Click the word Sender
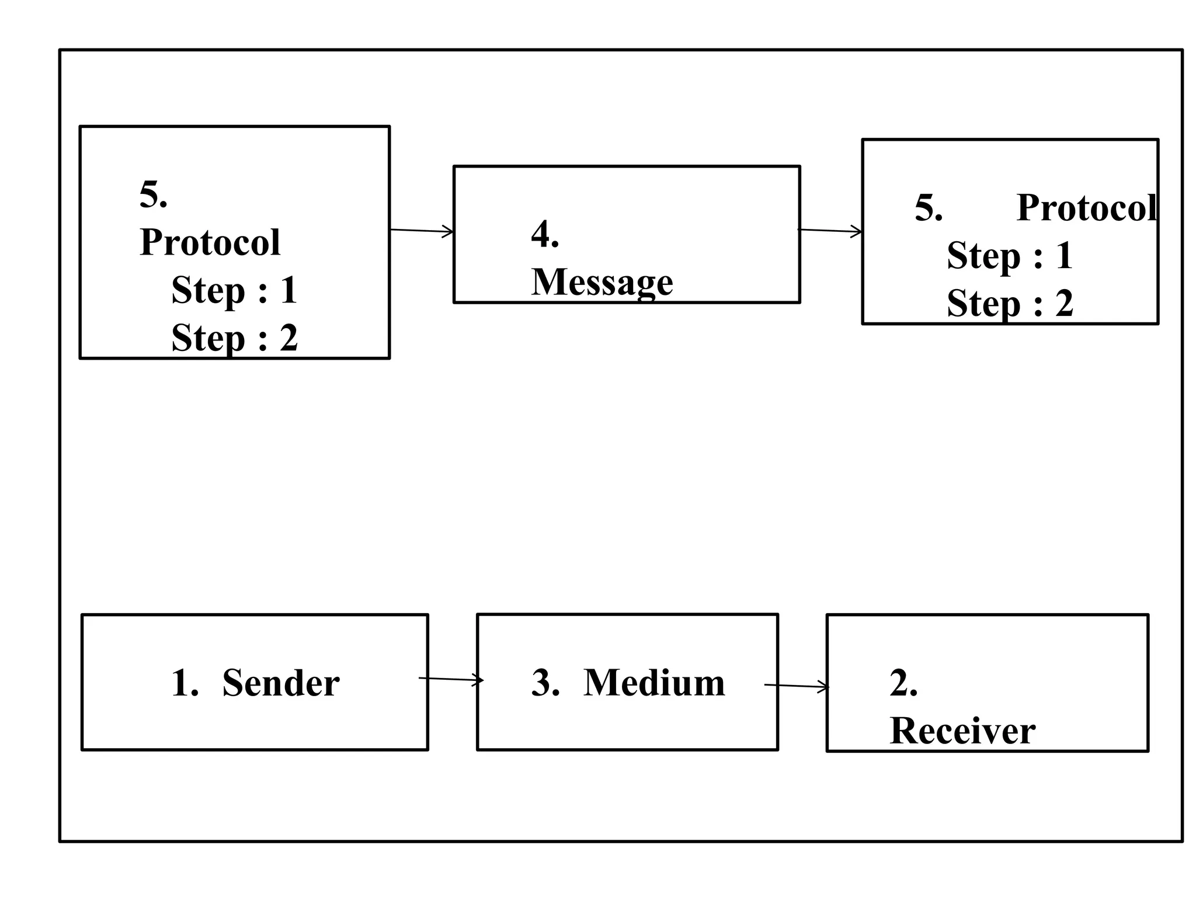coord(280,683)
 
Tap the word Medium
coord(654,683)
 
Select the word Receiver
coord(962,731)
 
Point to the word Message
coord(602,282)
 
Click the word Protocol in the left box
coord(210,242)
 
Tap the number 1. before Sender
coord(185,683)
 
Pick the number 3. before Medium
coord(545,683)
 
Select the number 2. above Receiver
coord(903,683)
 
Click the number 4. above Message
coord(544,235)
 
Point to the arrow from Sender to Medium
coord(451,679)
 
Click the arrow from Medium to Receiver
coord(797,686)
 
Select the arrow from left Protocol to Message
coord(422,231)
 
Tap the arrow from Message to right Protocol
coord(830,231)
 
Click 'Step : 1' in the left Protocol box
coord(234,290)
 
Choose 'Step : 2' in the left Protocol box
coord(234,338)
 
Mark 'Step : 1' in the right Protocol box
coord(1010,256)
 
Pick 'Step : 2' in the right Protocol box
coord(1010,303)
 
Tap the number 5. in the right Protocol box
coord(928,208)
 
